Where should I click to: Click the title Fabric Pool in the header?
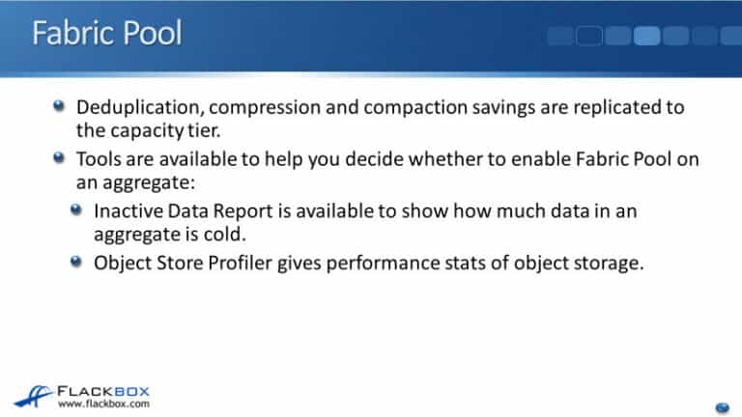tap(107, 35)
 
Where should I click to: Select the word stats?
tap(501, 264)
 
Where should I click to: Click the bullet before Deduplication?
tap(60, 106)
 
